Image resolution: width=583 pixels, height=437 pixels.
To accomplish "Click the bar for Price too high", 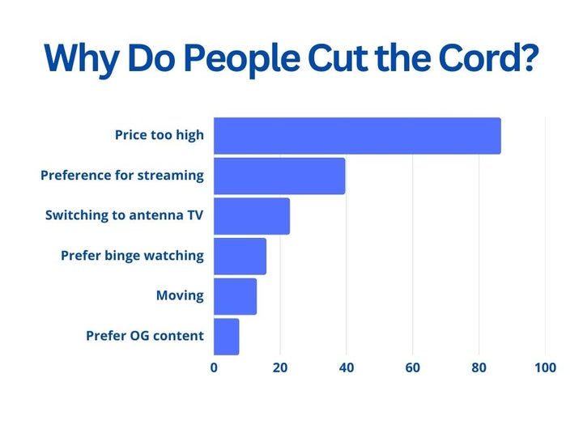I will tap(357, 136).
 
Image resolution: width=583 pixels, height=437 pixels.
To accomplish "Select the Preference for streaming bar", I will tap(279, 176).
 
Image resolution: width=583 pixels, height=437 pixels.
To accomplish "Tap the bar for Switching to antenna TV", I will tap(252, 216).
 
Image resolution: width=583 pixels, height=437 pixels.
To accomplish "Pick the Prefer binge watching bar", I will tap(240, 256).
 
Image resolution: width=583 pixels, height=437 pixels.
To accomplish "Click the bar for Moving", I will tap(235, 296).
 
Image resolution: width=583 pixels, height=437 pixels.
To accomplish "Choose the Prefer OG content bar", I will tap(227, 336).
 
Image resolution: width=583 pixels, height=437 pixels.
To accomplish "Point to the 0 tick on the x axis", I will tap(214, 367).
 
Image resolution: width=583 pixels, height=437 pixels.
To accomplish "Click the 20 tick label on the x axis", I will tap(280, 367).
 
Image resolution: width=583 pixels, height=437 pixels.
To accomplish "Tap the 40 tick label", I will tap(347, 367).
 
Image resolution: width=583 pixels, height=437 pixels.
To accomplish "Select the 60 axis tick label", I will tap(413, 367).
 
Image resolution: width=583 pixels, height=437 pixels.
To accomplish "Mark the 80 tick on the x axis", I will tap(479, 367).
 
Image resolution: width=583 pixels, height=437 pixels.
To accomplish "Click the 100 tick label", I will tap(545, 367).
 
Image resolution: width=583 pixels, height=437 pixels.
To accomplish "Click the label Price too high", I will tap(160, 135).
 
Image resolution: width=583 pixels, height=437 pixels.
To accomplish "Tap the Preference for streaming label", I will tap(122, 175).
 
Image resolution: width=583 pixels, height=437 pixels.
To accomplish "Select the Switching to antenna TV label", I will tap(125, 215).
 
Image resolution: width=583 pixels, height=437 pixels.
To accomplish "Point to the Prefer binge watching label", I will tap(133, 256).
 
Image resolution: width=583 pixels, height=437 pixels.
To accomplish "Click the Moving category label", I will tap(180, 295).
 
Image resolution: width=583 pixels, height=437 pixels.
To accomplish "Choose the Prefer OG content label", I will tap(145, 336).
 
